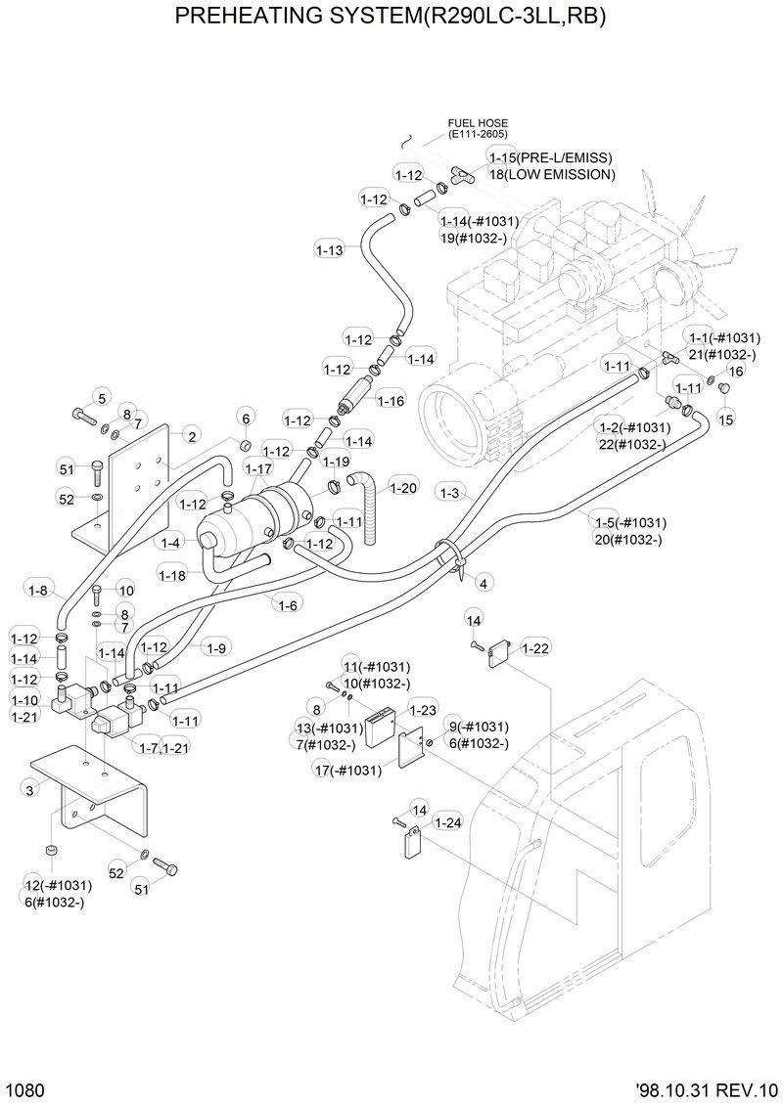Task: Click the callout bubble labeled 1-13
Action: coord(330,250)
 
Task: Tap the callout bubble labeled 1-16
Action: coord(391,401)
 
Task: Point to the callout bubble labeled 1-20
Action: coord(403,487)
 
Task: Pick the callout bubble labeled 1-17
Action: coord(259,469)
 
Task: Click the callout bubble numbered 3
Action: coord(30,789)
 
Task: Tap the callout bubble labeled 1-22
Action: coord(535,647)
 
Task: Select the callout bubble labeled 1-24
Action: coord(447,822)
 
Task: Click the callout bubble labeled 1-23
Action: coord(422,710)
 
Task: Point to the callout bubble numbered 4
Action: coord(483,584)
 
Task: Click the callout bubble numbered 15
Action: coord(725,419)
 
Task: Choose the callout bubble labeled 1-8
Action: coord(39,590)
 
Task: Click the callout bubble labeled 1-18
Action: coord(171,575)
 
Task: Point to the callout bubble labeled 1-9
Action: coord(217,647)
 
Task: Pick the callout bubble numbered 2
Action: coord(193,436)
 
